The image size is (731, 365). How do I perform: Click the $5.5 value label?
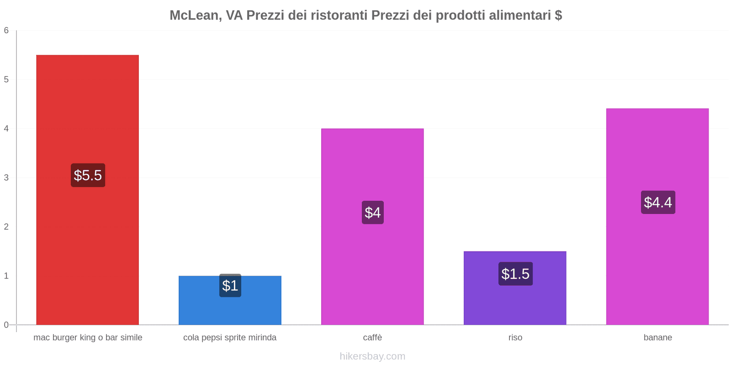pos(88,175)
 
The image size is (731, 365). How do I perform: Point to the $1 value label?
pos(230,286)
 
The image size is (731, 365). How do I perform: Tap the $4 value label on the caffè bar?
pos(372,212)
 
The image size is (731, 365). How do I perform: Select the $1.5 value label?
pos(515,274)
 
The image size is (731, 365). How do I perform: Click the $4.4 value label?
pos(658,202)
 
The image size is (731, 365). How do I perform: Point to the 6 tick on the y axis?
pos(6,31)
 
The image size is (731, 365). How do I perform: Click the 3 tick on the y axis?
pos(6,177)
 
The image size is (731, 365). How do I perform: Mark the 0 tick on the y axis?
pos(6,325)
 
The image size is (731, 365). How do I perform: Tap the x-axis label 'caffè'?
pos(372,338)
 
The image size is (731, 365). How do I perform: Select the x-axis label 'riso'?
pos(515,338)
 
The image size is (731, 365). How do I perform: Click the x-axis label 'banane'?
pos(658,338)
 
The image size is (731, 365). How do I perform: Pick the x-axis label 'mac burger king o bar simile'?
pos(88,338)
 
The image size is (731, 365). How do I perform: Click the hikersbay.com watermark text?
pos(372,356)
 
